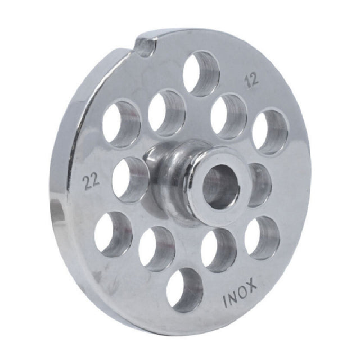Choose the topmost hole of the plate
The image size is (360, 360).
201,73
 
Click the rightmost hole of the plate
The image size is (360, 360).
270,131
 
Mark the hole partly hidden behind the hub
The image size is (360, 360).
260,184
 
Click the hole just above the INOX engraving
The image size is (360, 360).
262,237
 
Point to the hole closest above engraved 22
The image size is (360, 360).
121,123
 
